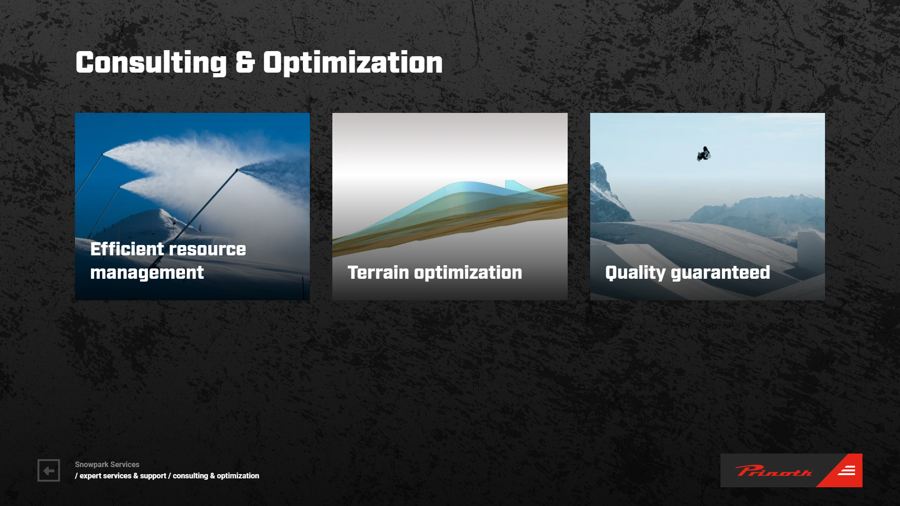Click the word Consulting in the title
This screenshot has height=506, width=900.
[x=151, y=63]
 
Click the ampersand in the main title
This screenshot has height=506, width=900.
[x=245, y=62]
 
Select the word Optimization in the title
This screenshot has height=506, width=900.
[x=353, y=63]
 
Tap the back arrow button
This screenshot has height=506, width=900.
[x=49, y=470]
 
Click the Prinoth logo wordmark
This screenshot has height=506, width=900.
[x=773, y=471]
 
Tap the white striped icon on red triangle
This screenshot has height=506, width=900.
[x=847, y=470]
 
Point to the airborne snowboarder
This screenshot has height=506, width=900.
[x=704, y=154]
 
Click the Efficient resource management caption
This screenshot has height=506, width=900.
[x=168, y=260]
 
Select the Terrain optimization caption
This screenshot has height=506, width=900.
[x=435, y=272]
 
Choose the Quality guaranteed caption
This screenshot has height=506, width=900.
[x=688, y=273]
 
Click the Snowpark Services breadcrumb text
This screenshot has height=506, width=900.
[x=107, y=464]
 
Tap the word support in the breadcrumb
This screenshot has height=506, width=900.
[x=153, y=476]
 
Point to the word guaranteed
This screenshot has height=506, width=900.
[x=720, y=273]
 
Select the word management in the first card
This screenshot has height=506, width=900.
[x=147, y=273]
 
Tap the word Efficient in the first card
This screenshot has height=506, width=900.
[x=127, y=249]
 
